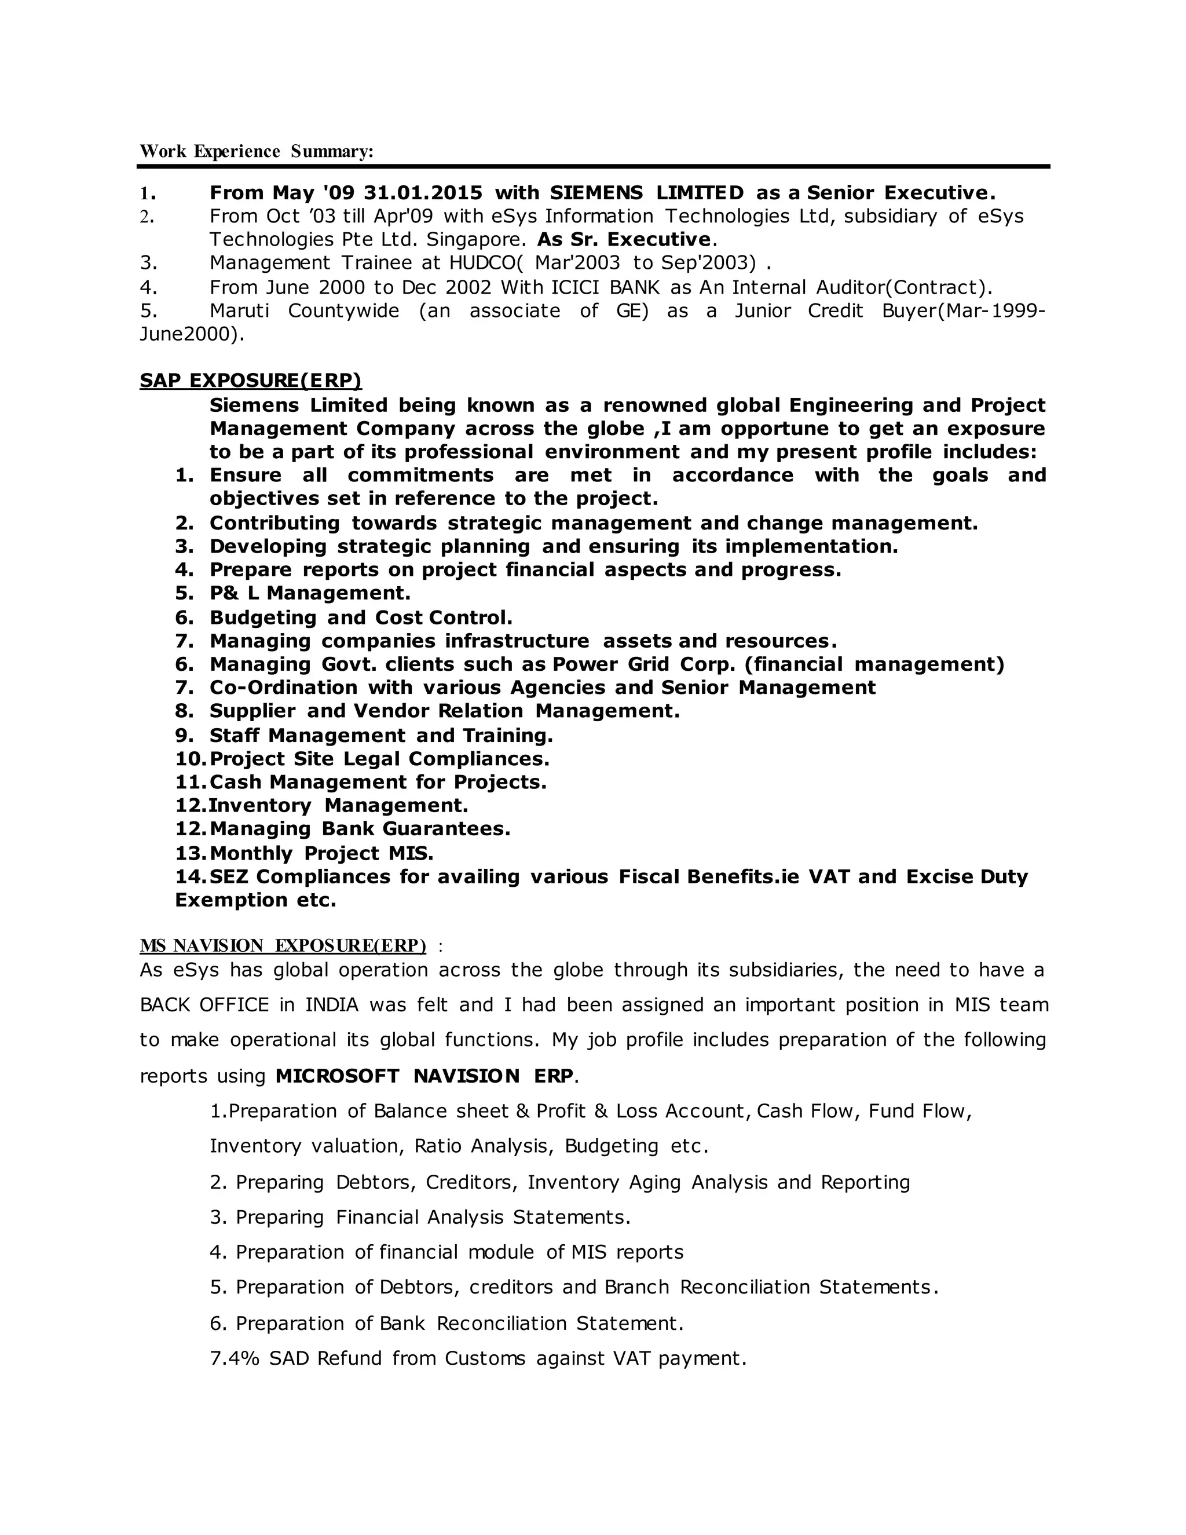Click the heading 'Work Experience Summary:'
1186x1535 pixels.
coord(257,151)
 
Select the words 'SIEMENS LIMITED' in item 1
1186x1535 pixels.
coord(646,192)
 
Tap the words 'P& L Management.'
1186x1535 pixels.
coord(310,593)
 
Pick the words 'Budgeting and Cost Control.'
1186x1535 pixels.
coord(361,618)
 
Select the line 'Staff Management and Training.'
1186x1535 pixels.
coord(381,736)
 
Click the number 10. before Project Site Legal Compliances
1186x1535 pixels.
coord(190,759)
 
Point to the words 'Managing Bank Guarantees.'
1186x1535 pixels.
coord(360,829)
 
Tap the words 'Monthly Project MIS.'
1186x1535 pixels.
coord(321,853)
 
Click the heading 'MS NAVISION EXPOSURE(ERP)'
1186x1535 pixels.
coord(283,946)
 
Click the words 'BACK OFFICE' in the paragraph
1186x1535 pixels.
coord(204,1005)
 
